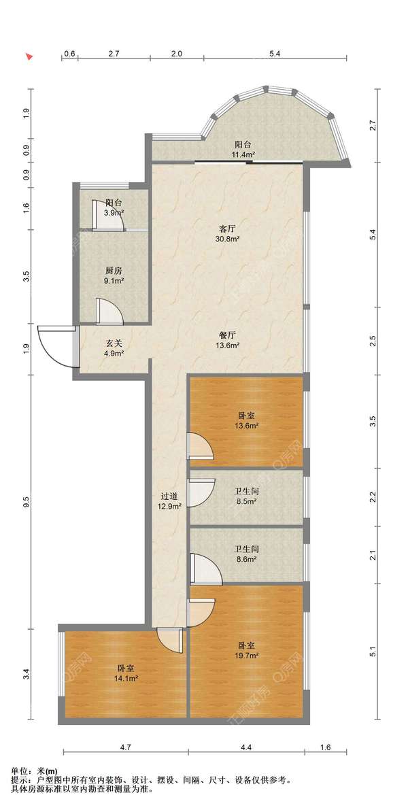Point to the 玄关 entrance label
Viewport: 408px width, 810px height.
(114, 343)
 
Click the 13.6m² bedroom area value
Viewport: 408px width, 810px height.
(247, 426)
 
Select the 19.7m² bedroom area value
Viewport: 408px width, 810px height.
(247, 656)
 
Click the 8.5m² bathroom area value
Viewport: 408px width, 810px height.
(247, 501)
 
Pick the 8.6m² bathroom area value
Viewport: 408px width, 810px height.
(247, 558)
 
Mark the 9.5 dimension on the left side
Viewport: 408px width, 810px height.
(27, 501)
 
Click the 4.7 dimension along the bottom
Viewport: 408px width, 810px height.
(125, 747)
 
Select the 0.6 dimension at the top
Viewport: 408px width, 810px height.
(70, 53)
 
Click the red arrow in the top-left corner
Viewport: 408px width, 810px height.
(30, 55)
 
